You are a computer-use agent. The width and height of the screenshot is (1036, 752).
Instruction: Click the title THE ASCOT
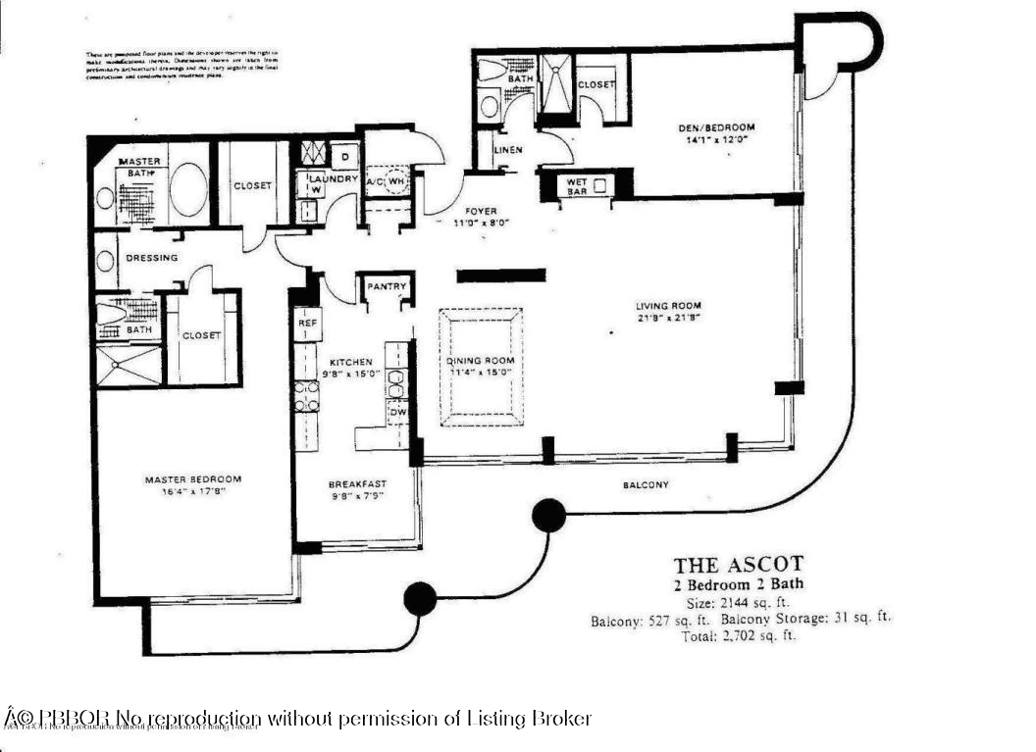tap(738, 565)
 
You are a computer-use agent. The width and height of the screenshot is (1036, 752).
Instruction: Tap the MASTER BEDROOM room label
tap(192, 479)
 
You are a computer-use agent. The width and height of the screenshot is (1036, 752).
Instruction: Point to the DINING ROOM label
tap(480, 361)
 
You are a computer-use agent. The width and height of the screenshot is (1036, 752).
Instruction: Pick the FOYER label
tap(481, 211)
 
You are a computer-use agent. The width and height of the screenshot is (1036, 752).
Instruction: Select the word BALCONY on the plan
tap(646, 485)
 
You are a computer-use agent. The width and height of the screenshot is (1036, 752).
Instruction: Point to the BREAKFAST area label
tap(357, 483)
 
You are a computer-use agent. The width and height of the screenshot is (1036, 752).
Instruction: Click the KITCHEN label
tap(350, 362)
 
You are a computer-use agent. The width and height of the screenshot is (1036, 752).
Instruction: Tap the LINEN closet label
tap(507, 150)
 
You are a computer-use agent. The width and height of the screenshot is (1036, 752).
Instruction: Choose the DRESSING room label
tap(152, 258)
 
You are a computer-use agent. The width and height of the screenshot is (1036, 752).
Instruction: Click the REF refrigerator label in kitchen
tap(304, 322)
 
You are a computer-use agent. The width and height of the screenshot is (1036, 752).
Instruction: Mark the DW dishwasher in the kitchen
tap(397, 414)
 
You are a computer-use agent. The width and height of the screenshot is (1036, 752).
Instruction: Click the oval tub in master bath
tap(187, 188)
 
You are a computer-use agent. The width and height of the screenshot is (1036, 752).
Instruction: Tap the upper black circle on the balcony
tap(548, 515)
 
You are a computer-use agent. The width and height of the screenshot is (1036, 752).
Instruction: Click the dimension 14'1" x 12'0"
tap(716, 140)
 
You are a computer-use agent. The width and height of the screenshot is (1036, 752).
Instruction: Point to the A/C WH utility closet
tap(387, 181)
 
